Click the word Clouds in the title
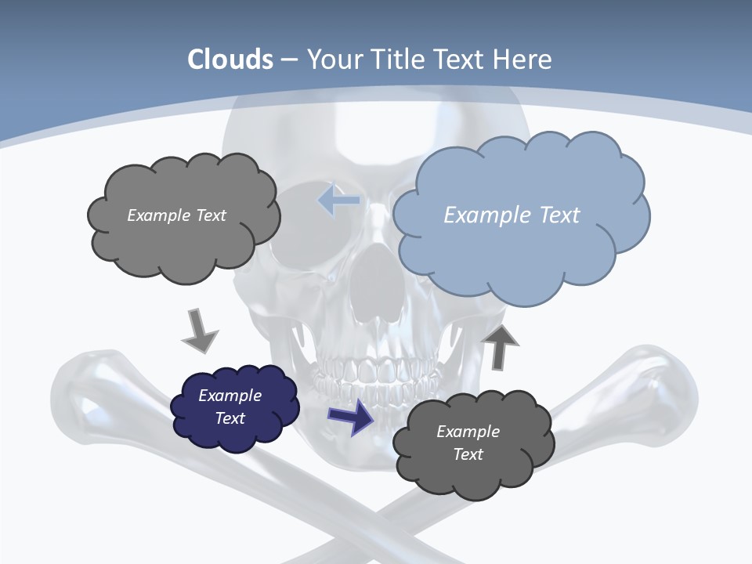pos(230,60)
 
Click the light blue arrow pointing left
pos(339,201)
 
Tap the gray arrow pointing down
pos(199,331)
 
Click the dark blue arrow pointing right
pos(351,416)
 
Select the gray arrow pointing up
pos(499,347)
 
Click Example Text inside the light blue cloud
pos(512,215)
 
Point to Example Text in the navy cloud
pos(230,407)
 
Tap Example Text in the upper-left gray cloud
pos(176,215)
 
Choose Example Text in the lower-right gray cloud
pos(468,443)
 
